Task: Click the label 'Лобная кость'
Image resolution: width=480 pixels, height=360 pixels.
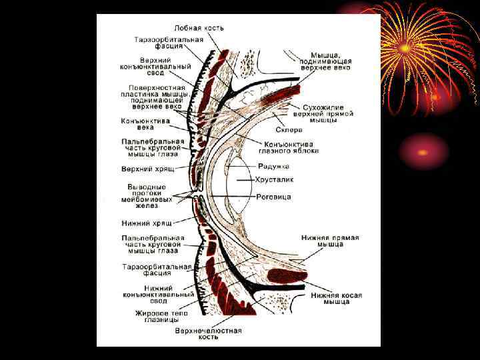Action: click(x=199, y=28)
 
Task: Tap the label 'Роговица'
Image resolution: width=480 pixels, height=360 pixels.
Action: click(x=273, y=197)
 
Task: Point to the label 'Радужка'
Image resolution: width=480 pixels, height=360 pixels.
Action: click(x=273, y=165)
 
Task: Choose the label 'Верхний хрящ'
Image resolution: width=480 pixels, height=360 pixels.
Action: click(x=147, y=169)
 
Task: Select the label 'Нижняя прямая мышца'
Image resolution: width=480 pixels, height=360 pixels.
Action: click(x=321, y=241)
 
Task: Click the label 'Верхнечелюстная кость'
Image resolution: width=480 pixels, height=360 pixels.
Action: click(x=208, y=333)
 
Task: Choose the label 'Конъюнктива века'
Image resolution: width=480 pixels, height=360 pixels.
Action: click(x=145, y=123)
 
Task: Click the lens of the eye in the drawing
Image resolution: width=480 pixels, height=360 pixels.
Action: click(x=237, y=180)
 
